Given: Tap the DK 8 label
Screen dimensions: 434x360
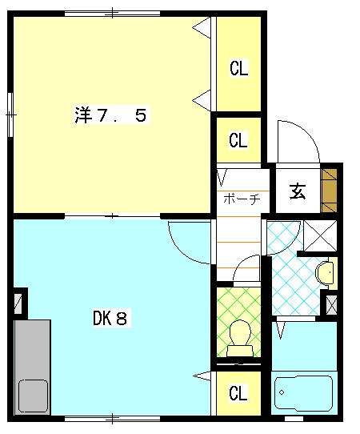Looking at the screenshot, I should [x=110, y=319].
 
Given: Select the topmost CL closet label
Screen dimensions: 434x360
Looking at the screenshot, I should [x=238, y=68].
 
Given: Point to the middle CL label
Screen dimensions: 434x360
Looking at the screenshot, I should [x=238, y=141].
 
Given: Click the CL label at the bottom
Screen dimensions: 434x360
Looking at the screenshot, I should [x=238, y=393].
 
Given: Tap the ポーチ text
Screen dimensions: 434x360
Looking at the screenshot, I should [x=241, y=199].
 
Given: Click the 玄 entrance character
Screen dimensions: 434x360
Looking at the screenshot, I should [x=298, y=191].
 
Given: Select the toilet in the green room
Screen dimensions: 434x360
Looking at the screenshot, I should [x=238, y=337].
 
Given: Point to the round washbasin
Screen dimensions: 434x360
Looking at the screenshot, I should [x=325, y=273].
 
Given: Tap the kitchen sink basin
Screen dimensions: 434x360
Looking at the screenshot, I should [x=33, y=395].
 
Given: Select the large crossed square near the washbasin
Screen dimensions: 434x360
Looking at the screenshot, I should [x=321, y=235].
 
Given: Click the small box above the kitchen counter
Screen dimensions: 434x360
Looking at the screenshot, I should [x=19, y=303].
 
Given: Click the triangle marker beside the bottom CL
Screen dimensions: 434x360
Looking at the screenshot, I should [x=203, y=376].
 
